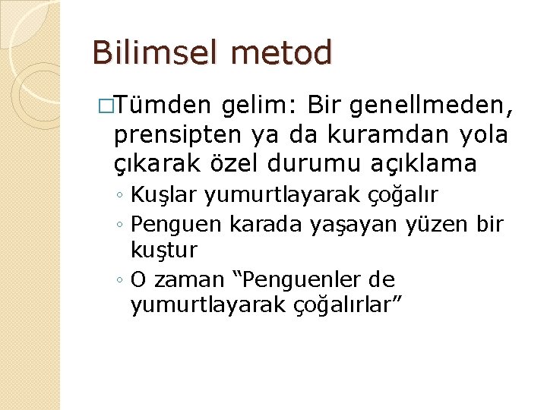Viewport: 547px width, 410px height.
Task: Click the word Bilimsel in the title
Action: [151, 54]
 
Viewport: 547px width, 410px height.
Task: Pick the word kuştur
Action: [164, 250]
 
